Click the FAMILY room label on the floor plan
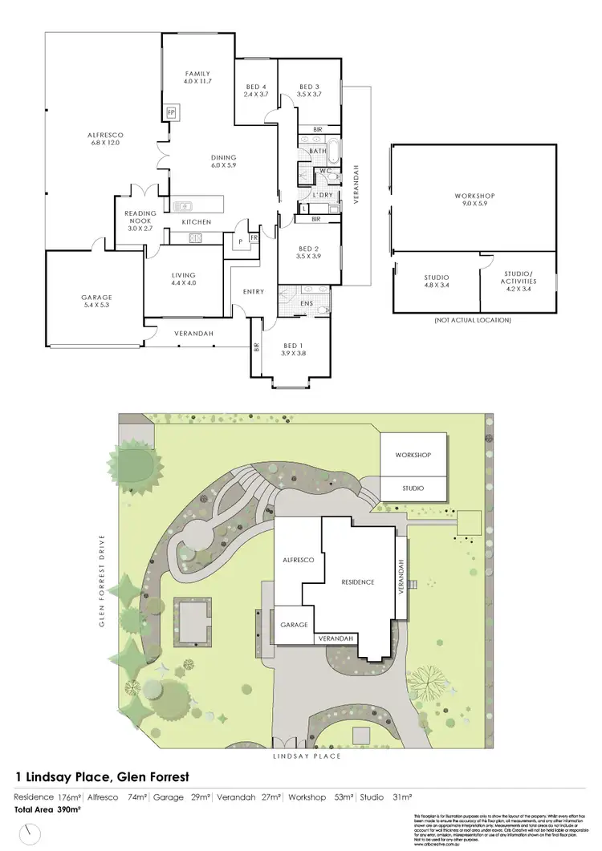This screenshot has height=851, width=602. pyautogui.click(x=197, y=73)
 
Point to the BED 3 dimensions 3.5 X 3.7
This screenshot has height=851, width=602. pyautogui.click(x=310, y=95)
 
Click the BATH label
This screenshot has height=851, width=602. pyautogui.click(x=318, y=150)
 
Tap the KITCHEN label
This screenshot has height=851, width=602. pyautogui.click(x=196, y=221)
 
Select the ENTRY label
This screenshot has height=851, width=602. pyautogui.click(x=254, y=291)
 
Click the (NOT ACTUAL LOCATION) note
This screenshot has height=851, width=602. pyautogui.click(x=474, y=320)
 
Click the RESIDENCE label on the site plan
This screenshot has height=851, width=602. pyautogui.click(x=358, y=582)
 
